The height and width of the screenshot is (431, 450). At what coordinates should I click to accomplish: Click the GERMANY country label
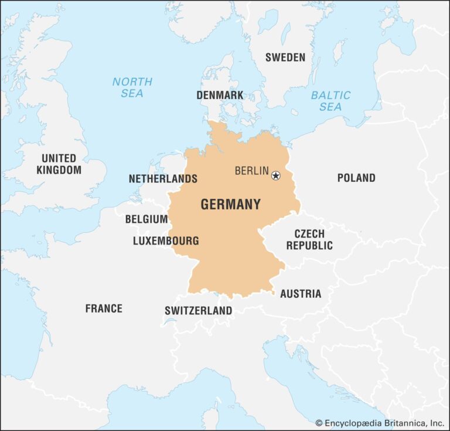[x=230, y=205]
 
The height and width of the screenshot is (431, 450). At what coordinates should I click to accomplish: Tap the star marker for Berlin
[x=276, y=175]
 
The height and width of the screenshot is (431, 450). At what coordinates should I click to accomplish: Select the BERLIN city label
[x=251, y=171]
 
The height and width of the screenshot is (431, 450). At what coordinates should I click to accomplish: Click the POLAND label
[x=356, y=178]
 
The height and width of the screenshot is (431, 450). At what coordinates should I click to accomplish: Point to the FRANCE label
[x=104, y=308]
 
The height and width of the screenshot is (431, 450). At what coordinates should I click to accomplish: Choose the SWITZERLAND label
[x=198, y=311]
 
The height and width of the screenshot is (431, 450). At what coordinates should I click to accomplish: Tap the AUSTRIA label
[x=301, y=294]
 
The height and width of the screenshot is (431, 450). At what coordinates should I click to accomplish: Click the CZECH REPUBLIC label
[x=309, y=240]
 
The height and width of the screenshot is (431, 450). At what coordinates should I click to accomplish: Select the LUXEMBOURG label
[x=166, y=241]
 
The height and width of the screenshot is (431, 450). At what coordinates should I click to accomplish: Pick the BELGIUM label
[x=146, y=219]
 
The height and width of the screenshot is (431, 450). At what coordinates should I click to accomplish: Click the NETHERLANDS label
[x=163, y=178]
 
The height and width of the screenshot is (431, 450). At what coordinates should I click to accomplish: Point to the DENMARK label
[x=220, y=94]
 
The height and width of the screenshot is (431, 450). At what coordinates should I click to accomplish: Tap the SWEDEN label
[x=285, y=57]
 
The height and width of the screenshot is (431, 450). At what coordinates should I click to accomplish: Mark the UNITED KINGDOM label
[x=59, y=164]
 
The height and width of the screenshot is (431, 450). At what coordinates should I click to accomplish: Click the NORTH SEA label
[x=132, y=87]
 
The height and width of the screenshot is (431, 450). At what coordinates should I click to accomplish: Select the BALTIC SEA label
[x=331, y=100]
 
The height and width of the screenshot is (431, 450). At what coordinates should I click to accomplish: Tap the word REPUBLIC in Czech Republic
[x=309, y=246]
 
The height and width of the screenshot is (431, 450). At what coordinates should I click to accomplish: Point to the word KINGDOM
[x=59, y=170]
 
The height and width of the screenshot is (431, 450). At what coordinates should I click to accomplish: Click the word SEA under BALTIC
[x=331, y=107]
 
